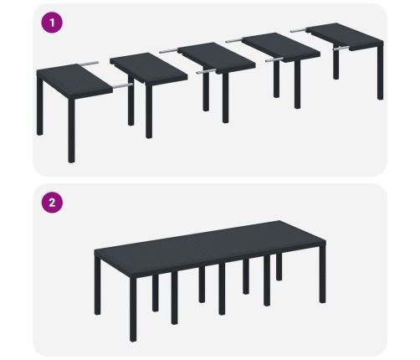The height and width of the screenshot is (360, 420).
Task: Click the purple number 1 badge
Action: [x=52, y=23]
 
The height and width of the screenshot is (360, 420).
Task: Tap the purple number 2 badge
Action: [x=52, y=203]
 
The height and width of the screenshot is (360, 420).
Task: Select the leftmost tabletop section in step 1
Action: [x=74, y=81]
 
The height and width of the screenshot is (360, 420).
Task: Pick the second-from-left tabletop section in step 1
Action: [x=148, y=68]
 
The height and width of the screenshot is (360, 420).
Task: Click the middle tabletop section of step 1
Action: [x=217, y=58]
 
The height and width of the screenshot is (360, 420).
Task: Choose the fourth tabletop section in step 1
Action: [x=281, y=47]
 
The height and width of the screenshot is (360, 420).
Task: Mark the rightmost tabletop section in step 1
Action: [x=345, y=36]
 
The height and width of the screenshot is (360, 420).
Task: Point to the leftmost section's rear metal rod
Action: [x=89, y=64]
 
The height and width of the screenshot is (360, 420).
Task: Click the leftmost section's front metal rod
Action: [x=123, y=85]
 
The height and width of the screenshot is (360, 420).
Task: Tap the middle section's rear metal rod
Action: [x=169, y=51]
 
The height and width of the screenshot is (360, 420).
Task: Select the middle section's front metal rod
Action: [x=207, y=71]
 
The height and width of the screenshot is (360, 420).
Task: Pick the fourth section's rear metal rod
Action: [x=234, y=41]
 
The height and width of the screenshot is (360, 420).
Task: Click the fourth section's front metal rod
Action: [x=274, y=59]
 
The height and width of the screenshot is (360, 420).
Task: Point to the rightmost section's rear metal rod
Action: [x=299, y=30]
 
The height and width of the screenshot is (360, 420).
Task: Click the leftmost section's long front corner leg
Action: [x=71, y=130]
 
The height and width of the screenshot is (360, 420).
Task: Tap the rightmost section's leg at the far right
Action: [x=381, y=73]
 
